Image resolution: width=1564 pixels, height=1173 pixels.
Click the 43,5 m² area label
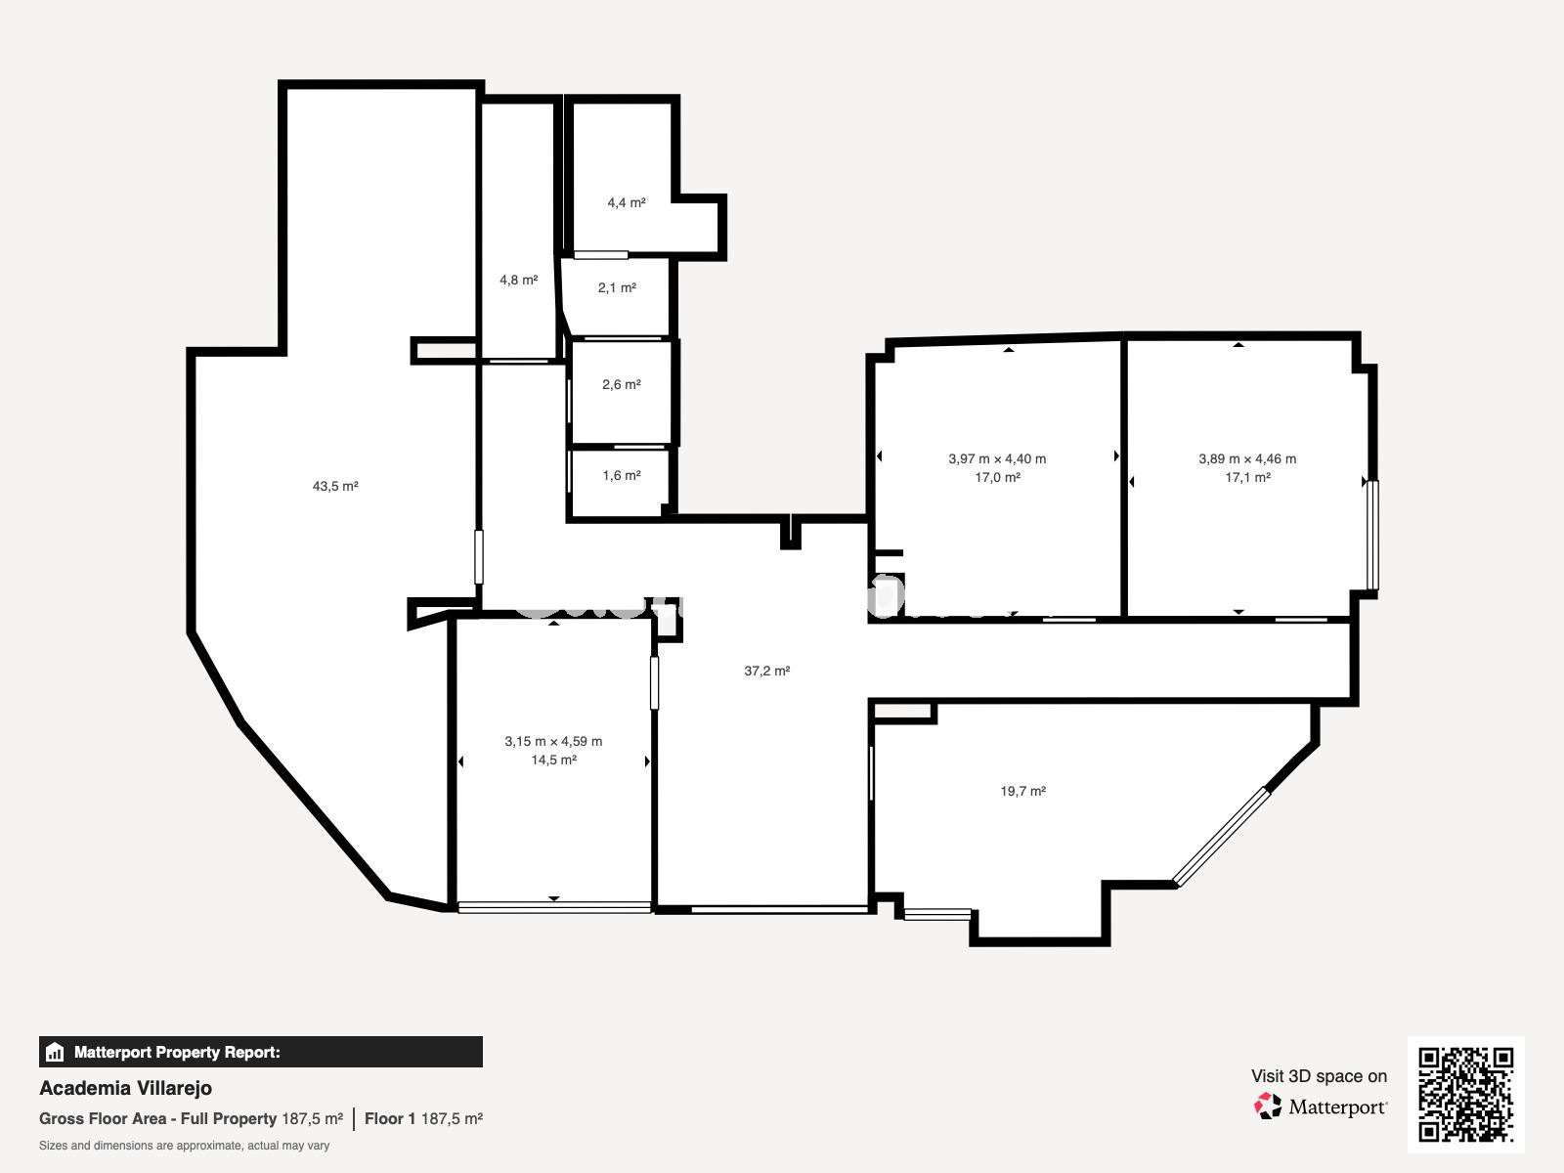335,487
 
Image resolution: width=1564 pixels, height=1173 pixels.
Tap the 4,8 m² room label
518,280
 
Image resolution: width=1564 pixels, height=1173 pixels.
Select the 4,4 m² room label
627,203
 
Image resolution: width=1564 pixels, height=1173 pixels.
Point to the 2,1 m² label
617,287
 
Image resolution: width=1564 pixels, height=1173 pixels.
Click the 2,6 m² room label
622,384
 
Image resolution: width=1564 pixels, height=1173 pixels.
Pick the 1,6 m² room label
622,475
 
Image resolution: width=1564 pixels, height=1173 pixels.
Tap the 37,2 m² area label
766,671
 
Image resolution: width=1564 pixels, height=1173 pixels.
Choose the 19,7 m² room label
1022,791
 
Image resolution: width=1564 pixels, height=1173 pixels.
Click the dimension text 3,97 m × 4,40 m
997,459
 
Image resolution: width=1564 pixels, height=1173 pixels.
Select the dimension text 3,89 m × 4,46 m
1247,459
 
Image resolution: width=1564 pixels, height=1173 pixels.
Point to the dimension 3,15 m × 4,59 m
553,741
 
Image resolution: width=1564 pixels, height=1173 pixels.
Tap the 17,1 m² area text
1247,478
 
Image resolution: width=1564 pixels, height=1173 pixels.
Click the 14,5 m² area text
553,760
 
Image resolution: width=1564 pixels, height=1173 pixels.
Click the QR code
1465,1095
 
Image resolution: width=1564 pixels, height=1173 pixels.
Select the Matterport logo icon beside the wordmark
1268,1107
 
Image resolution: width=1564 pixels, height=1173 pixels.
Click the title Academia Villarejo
125,1088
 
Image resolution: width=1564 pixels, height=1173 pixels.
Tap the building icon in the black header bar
55,1052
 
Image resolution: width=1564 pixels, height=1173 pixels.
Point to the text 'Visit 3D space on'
1319,1076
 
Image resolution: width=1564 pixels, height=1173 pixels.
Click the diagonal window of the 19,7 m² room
1221,837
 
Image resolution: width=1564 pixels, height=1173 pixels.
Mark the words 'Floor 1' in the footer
390,1119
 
